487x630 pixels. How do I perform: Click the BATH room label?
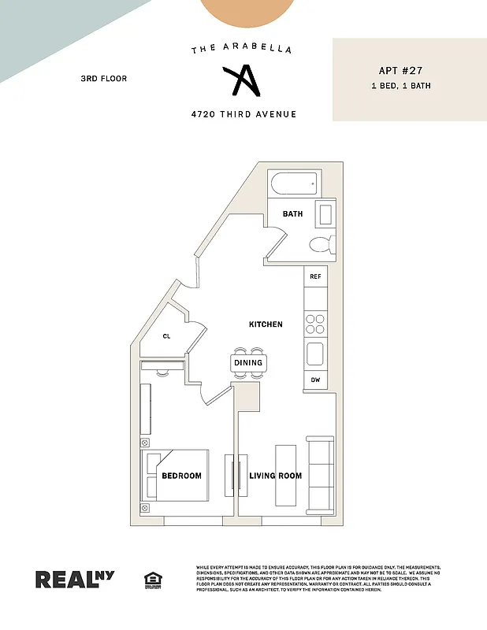click(292, 213)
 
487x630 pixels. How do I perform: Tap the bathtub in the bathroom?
click(292, 187)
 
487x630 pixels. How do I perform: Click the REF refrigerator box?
click(315, 276)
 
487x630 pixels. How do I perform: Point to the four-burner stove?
click(315, 324)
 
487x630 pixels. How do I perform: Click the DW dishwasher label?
click(315, 380)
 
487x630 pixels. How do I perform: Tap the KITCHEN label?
click(266, 324)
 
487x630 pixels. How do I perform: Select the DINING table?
click(248, 363)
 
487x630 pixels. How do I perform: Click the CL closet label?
click(166, 336)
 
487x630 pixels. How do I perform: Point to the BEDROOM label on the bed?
click(181, 476)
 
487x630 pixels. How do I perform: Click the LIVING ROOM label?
click(276, 476)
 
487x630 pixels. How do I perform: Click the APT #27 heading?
click(398, 69)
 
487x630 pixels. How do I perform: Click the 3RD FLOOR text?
click(103, 79)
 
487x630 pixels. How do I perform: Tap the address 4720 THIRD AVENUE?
click(243, 114)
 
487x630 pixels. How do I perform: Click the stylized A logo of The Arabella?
click(240, 81)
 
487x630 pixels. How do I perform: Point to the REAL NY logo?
click(75, 579)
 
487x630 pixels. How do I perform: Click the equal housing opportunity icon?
click(152, 580)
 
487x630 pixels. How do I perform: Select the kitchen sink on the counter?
click(315, 354)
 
